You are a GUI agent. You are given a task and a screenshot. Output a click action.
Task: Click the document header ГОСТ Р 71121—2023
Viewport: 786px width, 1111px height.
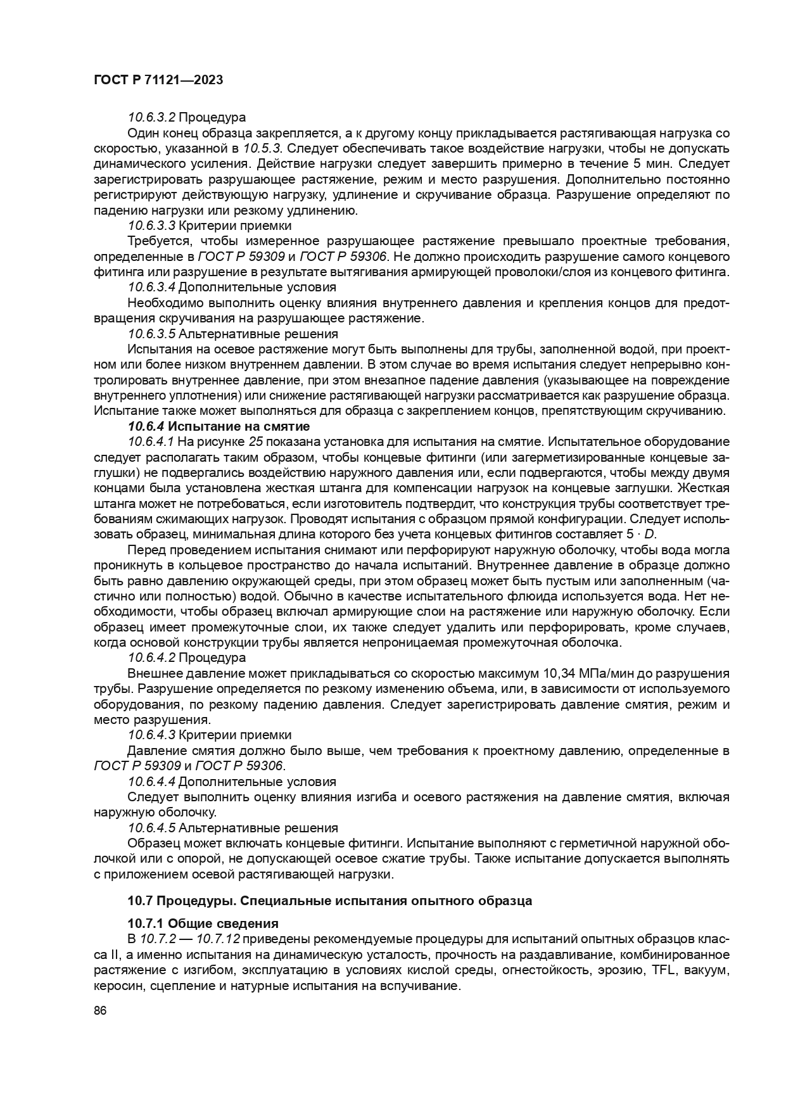pyautogui.click(x=158, y=80)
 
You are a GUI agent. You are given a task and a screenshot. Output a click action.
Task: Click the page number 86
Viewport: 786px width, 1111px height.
pyautogui.click(x=99, y=1010)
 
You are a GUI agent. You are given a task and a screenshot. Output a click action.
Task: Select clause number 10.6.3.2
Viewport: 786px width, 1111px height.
pyautogui.click(x=151, y=117)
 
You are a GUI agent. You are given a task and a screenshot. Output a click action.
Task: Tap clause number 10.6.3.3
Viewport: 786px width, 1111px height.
pyautogui.click(x=151, y=225)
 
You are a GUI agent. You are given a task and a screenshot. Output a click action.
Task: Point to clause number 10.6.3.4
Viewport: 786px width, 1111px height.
pyautogui.click(x=151, y=287)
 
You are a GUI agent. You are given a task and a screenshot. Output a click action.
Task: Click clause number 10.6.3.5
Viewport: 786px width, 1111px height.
pyautogui.click(x=151, y=334)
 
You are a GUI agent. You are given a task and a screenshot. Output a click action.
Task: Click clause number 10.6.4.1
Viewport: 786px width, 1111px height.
pyautogui.click(x=151, y=441)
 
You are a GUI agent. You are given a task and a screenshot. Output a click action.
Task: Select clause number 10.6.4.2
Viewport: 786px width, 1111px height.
pyautogui.click(x=151, y=657)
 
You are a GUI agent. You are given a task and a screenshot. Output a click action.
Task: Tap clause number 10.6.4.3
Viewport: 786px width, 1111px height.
pyautogui.click(x=151, y=735)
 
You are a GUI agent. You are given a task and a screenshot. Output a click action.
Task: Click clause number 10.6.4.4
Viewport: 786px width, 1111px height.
pyautogui.click(x=151, y=782)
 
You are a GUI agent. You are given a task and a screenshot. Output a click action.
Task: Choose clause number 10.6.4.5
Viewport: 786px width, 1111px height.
pyautogui.click(x=151, y=828)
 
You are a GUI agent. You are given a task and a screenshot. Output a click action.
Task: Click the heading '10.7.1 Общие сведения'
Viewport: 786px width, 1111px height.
pyautogui.click(x=203, y=924)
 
